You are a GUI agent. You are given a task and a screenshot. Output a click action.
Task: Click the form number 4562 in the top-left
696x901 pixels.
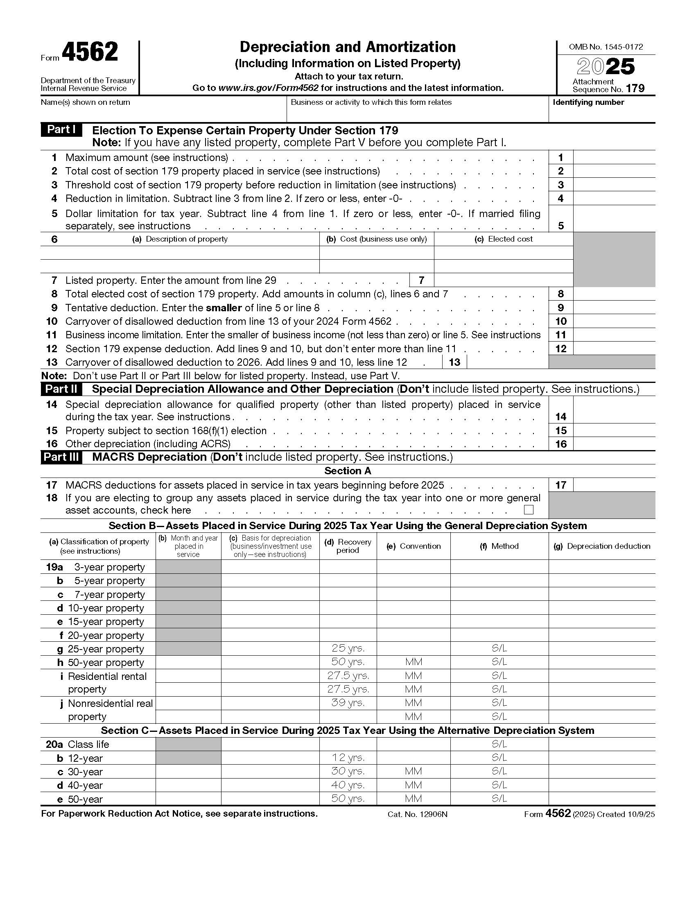pyautogui.click(x=90, y=53)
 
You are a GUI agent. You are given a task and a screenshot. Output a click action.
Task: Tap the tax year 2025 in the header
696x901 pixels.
pyautogui.click(x=605, y=67)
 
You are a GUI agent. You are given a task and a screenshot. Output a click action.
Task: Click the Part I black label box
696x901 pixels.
pyautogui.click(x=61, y=129)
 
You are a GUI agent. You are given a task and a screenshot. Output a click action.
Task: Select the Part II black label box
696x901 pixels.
pyautogui.click(x=61, y=389)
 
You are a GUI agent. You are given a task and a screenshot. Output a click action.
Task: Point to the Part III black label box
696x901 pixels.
pyautogui.click(x=61, y=457)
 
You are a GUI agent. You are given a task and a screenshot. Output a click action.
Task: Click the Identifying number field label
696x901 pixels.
pyautogui.click(x=588, y=102)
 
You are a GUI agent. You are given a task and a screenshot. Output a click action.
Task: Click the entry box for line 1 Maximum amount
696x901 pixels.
pyautogui.click(x=614, y=157)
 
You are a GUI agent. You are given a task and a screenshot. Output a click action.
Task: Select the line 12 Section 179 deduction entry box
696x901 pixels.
pyautogui.click(x=614, y=349)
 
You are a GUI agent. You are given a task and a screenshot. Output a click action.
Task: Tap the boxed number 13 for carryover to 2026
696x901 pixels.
pyautogui.click(x=454, y=362)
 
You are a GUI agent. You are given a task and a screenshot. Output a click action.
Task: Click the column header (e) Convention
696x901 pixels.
pyautogui.click(x=414, y=546)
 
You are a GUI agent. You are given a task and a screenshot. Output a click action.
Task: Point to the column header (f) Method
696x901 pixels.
pyautogui.click(x=499, y=546)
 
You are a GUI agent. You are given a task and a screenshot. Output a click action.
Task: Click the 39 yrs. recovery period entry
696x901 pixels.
pyautogui.click(x=348, y=702)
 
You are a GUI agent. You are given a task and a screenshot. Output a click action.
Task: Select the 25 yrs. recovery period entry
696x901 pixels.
pyautogui.click(x=348, y=649)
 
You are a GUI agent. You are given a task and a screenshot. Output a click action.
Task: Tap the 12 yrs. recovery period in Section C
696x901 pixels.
pyautogui.click(x=348, y=758)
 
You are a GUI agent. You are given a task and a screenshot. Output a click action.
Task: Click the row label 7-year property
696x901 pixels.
pyautogui.click(x=109, y=595)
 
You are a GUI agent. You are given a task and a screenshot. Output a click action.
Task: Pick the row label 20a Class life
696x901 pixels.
pyautogui.click(x=77, y=744)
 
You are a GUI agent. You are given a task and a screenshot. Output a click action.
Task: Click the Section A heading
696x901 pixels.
pyautogui.click(x=348, y=471)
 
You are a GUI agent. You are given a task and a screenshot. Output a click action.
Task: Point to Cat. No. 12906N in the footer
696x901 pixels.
pyautogui.click(x=417, y=814)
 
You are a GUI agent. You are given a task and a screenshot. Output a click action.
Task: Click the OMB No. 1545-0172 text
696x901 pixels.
pyautogui.click(x=606, y=47)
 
